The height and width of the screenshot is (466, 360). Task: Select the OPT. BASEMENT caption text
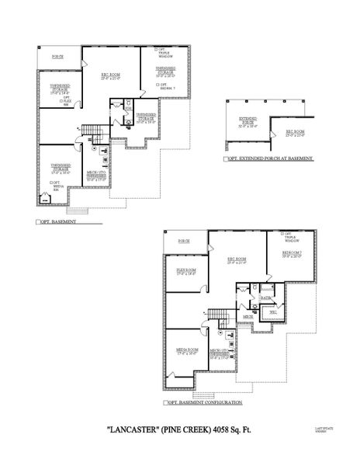tap(58, 221)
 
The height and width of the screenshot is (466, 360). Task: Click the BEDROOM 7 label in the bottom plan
tap(292, 253)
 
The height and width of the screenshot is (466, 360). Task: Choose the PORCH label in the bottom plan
tap(183, 242)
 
